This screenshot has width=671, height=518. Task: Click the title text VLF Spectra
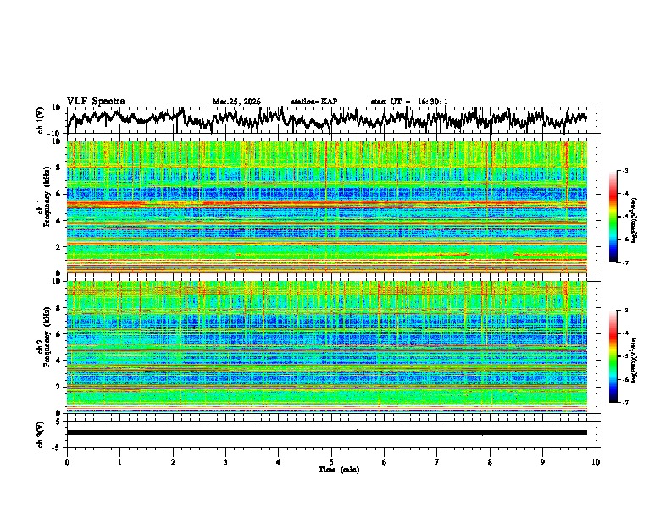click(96, 101)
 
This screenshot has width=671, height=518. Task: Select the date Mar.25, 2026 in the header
click(236, 102)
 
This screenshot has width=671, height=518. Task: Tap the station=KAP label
click(314, 102)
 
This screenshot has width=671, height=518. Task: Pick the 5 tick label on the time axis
click(331, 461)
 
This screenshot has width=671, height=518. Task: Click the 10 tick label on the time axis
click(596, 461)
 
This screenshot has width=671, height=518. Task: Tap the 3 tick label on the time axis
click(225, 461)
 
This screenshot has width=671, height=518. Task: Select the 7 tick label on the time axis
click(437, 461)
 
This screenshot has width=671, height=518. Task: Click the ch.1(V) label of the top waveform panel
click(41, 120)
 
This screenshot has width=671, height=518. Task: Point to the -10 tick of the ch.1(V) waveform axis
click(53, 134)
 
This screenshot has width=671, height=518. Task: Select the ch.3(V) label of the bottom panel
click(41, 433)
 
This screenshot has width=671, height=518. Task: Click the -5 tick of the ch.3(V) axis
click(56, 445)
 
